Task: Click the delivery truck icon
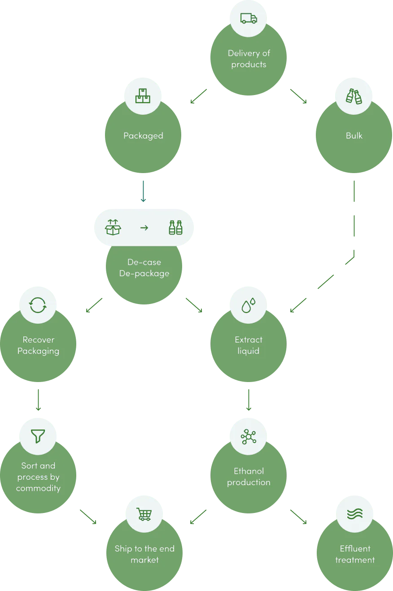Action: click(249, 18)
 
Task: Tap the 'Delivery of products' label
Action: click(249, 59)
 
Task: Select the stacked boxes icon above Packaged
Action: click(143, 96)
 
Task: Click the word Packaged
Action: click(143, 135)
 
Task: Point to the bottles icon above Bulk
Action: click(354, 96)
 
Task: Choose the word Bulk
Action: click(354, 135)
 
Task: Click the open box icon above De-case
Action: click(113, 227)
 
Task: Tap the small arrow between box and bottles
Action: click(144, 228)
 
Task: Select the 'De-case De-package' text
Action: click(144, 268)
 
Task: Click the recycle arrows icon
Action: click(38, 305)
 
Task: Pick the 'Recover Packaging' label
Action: click(38, 345)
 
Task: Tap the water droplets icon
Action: click(249, 305)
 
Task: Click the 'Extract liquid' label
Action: click(249, 345)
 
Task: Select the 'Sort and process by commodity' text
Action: click(38, 477)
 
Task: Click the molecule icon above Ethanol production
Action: click(249, 436)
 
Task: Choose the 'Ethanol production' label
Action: click(249, 477)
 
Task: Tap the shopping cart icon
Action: click(144, 514)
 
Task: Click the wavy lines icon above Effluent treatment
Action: click(355, 514)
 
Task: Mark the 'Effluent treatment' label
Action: click(355, 554)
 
